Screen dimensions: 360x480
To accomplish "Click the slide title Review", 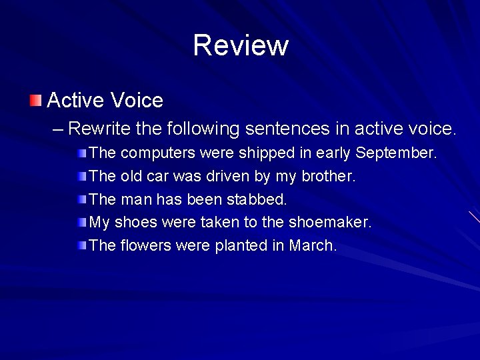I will coord(241,45).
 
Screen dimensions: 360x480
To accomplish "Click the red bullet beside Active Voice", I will coord(35,101).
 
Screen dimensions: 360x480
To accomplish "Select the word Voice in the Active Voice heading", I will coord(137,101).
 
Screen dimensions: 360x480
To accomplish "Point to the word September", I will coord(396,153).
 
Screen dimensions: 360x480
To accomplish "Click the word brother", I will coord(329,177).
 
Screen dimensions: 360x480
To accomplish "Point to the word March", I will coord(313,245).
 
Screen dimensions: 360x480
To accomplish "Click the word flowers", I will coord(146,245).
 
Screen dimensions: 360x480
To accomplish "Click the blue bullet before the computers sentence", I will coord(81,153).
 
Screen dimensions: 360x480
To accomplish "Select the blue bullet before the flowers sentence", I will coord(81,245).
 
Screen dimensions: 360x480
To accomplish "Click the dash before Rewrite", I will coord(58,128).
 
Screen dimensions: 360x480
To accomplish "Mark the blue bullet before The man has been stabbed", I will coord(81,199).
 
